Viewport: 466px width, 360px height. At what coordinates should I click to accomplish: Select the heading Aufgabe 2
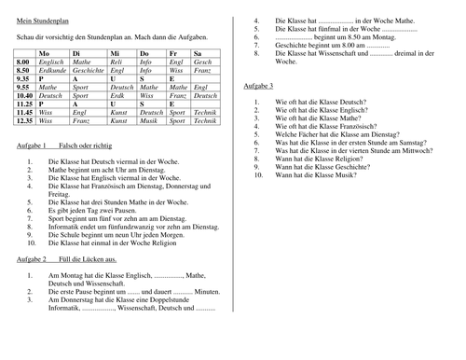coord(33,257)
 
